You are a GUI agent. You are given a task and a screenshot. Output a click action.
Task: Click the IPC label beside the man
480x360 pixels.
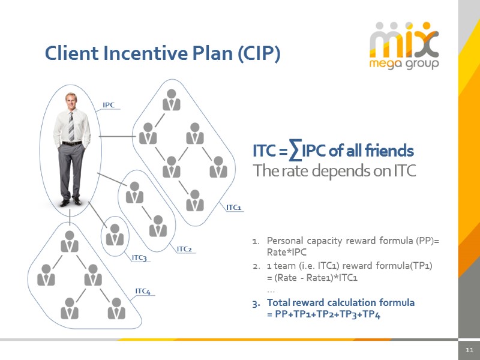[109, 105]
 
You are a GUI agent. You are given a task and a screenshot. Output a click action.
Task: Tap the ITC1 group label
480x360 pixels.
[233, 208]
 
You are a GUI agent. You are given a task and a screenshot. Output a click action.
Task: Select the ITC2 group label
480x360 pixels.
[184, 249]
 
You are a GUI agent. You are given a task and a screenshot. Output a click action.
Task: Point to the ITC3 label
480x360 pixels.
[139, 258]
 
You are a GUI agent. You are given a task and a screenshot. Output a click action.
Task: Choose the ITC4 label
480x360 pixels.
[142, 292]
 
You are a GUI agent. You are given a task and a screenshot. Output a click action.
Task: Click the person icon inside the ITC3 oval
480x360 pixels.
[115, 233]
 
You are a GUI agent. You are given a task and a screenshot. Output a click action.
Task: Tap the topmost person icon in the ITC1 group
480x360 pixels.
[172, 100]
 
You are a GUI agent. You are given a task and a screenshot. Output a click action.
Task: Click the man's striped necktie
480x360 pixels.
[71, 126]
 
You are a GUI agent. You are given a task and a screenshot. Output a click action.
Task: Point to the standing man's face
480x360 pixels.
[72, 102]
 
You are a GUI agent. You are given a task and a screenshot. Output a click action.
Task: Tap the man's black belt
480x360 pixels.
[71, 143]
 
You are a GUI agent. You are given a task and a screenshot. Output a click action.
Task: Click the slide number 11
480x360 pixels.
[469, 350]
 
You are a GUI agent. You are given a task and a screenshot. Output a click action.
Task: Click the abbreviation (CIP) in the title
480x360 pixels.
[259, 53]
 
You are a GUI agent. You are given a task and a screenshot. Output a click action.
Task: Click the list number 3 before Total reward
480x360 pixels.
[255, 302]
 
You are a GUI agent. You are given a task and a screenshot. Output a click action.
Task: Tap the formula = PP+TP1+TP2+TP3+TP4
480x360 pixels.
[323, 315]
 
